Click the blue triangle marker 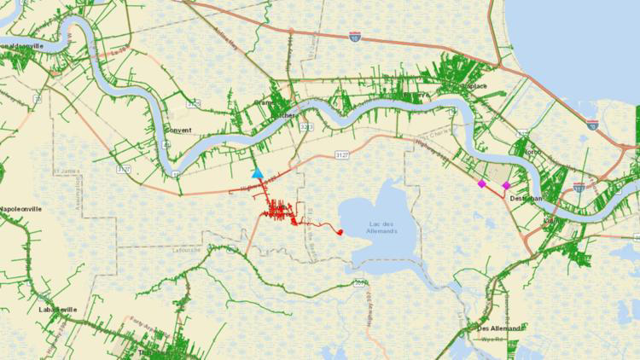pyautogui.click(x=257, y=173)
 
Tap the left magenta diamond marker pyautogui.click(x=482, y=183)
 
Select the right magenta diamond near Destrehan pyautogui.click(x=506, y=185)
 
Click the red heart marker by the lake pyautogui.click(x=340, y=231)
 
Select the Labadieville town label pyautogui.click(x=58, y=309)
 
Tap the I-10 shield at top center pyautogui.click(x=354, y=37)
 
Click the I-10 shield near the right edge pyautogui.click(x=592, y=125)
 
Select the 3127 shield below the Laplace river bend pyautogui.click(x=365, y=154)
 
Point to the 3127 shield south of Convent pyautogui.click(x=125, y=169)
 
